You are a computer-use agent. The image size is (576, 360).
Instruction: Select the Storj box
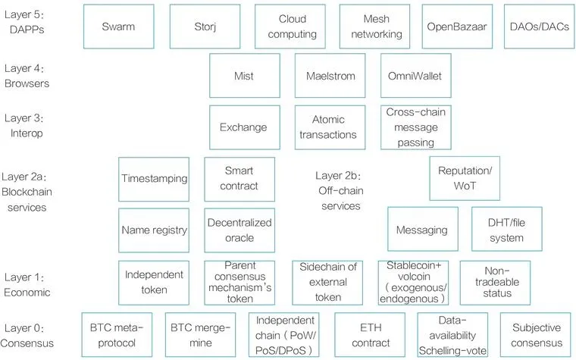tap(203, 27)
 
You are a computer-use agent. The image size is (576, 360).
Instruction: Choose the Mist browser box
tap(244, 76)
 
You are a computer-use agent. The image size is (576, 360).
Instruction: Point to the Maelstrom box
tap(330, 76)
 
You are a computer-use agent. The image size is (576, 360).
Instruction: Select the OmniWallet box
tap(415, 76)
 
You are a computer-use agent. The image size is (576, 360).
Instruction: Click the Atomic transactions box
tap(329, 127)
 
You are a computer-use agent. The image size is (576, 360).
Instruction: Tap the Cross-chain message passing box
tap(416, 127)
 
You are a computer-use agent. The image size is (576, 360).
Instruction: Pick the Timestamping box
tap(154, 179)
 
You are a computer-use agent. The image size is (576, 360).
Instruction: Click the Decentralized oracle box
tap(239, 230)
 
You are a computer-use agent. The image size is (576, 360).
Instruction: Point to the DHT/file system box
tap(506, 230)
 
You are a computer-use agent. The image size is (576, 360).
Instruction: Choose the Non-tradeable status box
tap(495, 282)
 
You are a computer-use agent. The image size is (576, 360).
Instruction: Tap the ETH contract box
tap(371, 334)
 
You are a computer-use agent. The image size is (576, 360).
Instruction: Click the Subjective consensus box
tap(536, 334)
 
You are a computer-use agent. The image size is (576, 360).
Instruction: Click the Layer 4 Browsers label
tap(27, 76)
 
